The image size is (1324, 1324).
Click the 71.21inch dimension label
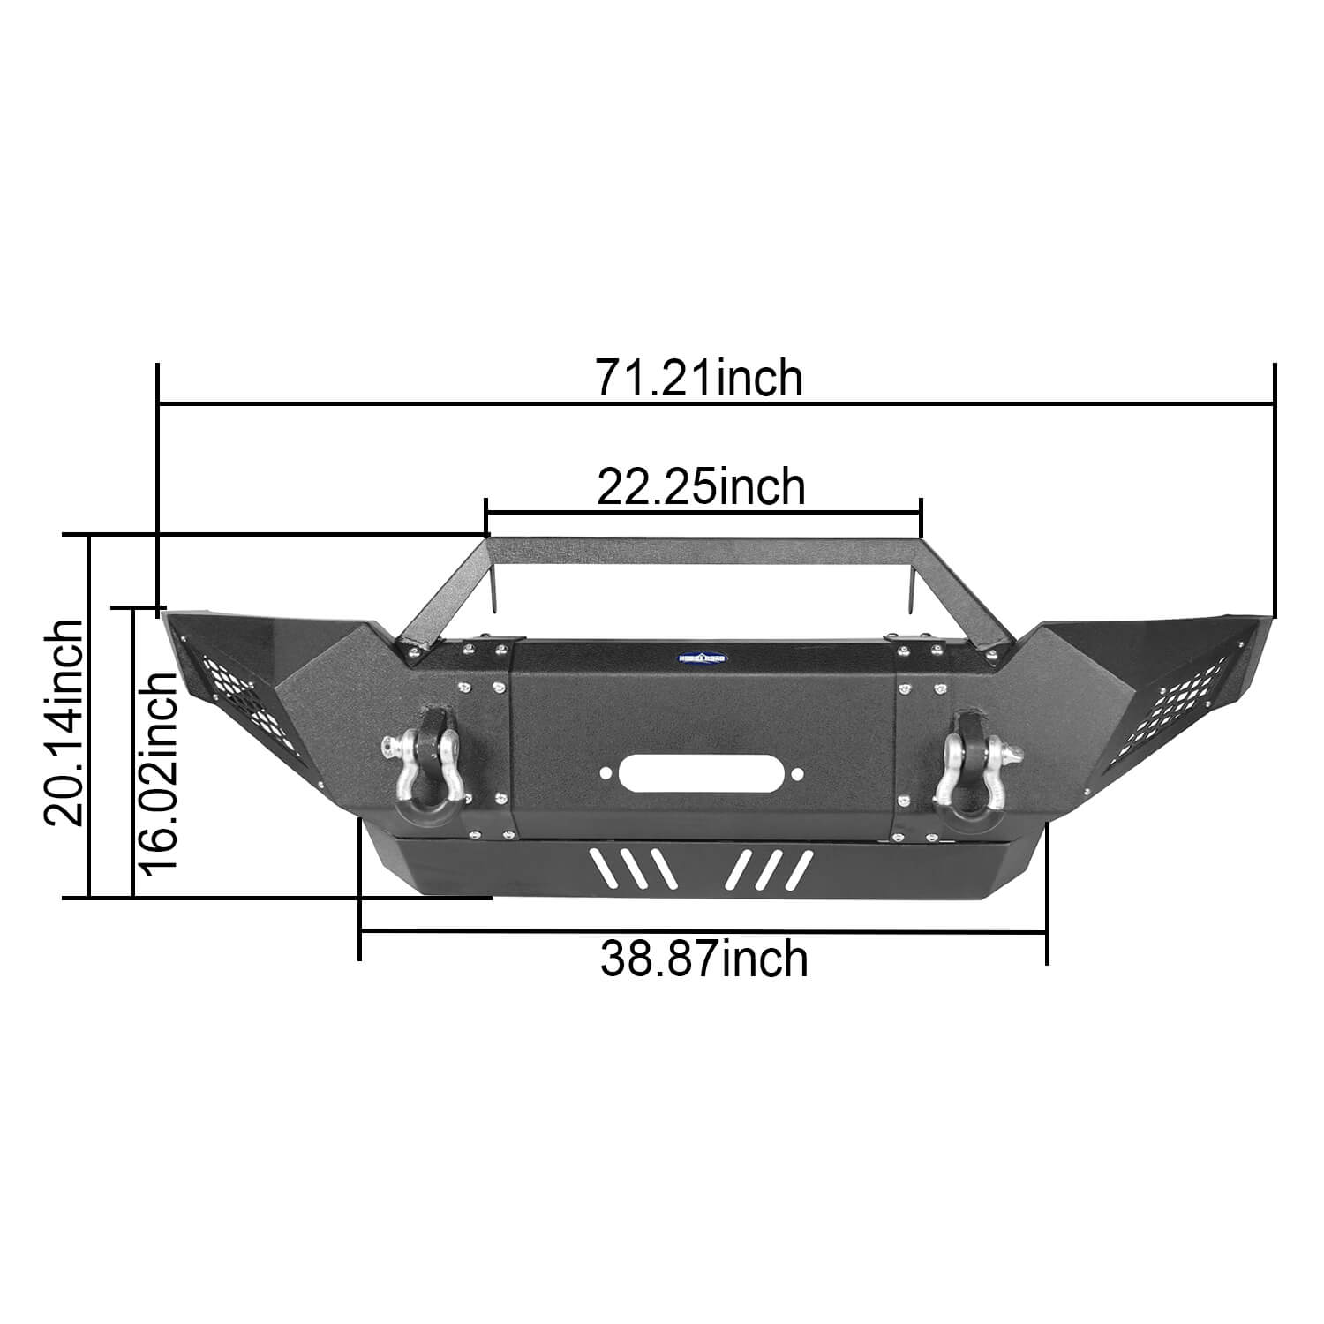point(699,379)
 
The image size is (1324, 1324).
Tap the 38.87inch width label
point(704,959)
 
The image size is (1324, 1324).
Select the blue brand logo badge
point(702,658)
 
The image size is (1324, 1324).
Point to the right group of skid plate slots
point(768,869)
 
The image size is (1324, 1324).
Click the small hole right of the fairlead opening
point(797,774)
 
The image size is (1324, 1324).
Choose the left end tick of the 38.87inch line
point(360,930)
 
